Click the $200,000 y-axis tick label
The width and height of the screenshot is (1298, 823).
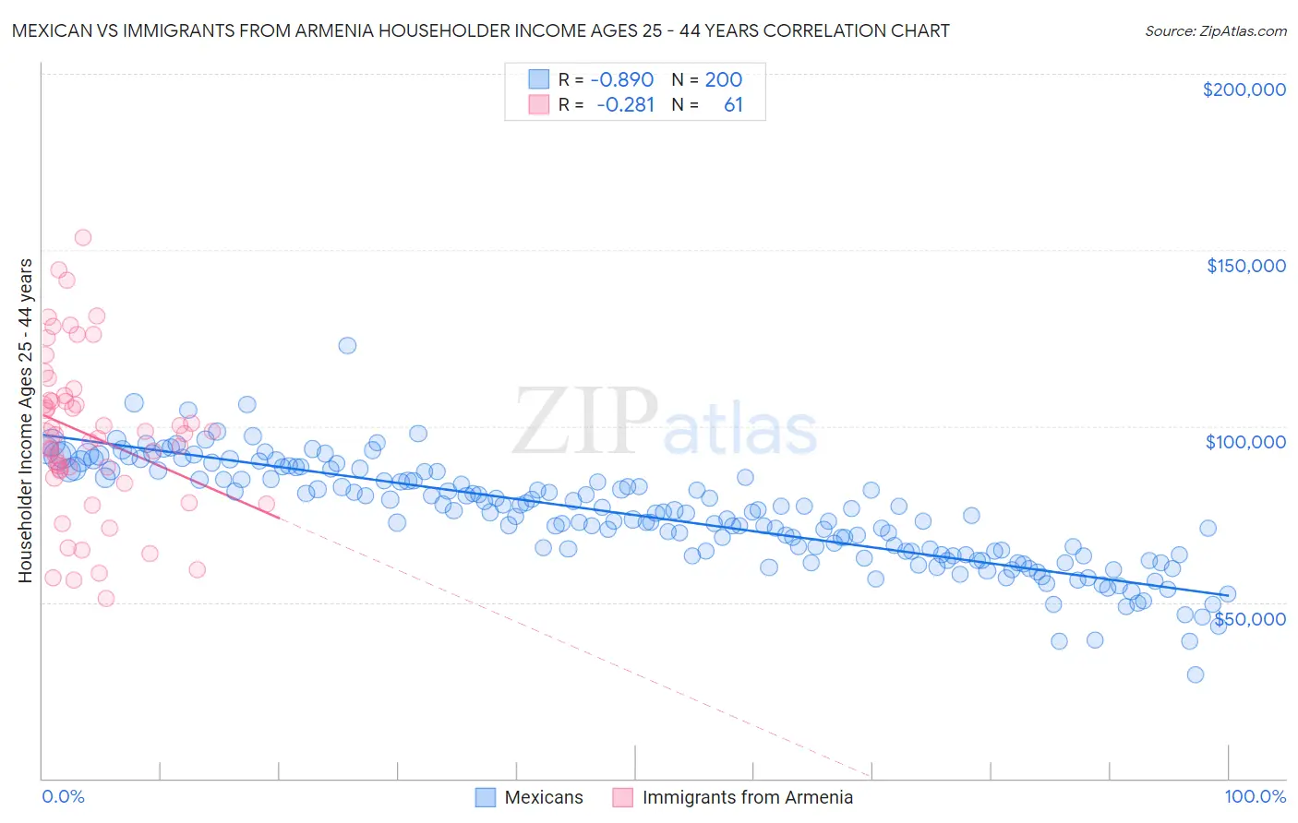pos(1244,89)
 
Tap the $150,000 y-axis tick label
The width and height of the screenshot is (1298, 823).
pos(1245,266)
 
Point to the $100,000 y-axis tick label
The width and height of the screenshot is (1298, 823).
pos(1245,442)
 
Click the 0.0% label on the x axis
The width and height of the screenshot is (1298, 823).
pos(63,796)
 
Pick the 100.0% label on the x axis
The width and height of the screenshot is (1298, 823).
pos(1255,796)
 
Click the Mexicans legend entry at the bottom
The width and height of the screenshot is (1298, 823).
pos(544,797)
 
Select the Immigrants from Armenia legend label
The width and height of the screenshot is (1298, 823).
pos(747,797)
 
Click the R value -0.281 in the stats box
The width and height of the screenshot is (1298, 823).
pos(625,105)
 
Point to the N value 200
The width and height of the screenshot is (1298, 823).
pos(723,80)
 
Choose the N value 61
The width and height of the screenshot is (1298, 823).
pos(733,105)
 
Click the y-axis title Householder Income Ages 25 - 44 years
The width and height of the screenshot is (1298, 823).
pos(25,421)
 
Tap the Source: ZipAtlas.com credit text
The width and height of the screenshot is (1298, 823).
pos(1215,30)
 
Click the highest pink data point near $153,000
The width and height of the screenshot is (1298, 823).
pos(82,237)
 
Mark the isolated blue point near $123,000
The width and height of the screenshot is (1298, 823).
pos(347,345)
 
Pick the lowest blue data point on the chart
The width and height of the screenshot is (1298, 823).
pos(1195,674)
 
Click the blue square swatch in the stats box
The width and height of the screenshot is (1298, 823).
pos(538,79)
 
